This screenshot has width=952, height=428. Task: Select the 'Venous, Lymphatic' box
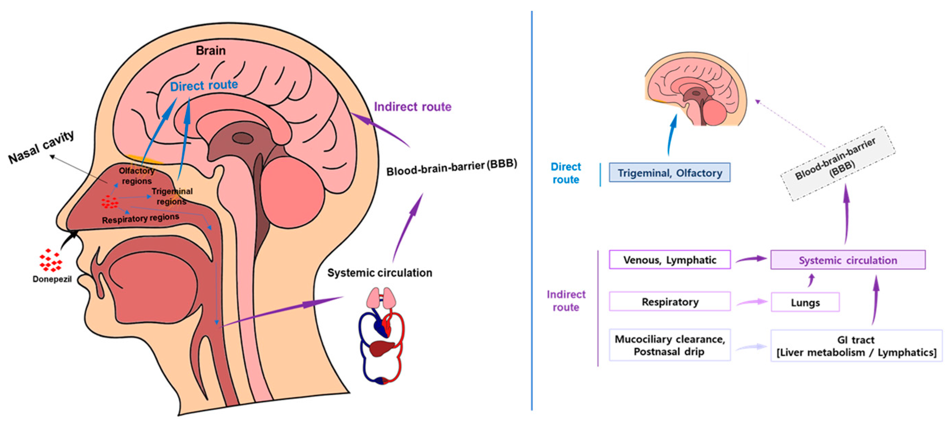[669, 260]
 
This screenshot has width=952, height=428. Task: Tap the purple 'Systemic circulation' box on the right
[847, 260]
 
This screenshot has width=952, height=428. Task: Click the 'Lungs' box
[805, 302]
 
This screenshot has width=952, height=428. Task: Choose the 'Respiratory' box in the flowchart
[669, 301]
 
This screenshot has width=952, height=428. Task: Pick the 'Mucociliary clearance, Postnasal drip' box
[669, 345]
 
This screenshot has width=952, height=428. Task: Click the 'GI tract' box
[856, 345]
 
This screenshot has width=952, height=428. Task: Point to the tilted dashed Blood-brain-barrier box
[837, 164]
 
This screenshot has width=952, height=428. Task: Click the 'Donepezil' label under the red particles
[52, 279]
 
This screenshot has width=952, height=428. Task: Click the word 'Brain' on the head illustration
[211, 50]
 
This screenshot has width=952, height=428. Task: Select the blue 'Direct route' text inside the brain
[204, 86]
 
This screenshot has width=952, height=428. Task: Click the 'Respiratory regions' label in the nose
[140, 219]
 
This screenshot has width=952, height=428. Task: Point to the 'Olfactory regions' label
[136, 176]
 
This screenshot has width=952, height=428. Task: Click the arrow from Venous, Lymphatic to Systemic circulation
[751, 259]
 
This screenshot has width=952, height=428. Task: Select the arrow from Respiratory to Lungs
[751, 302]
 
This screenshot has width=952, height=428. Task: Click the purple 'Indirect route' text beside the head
[412, 107]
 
